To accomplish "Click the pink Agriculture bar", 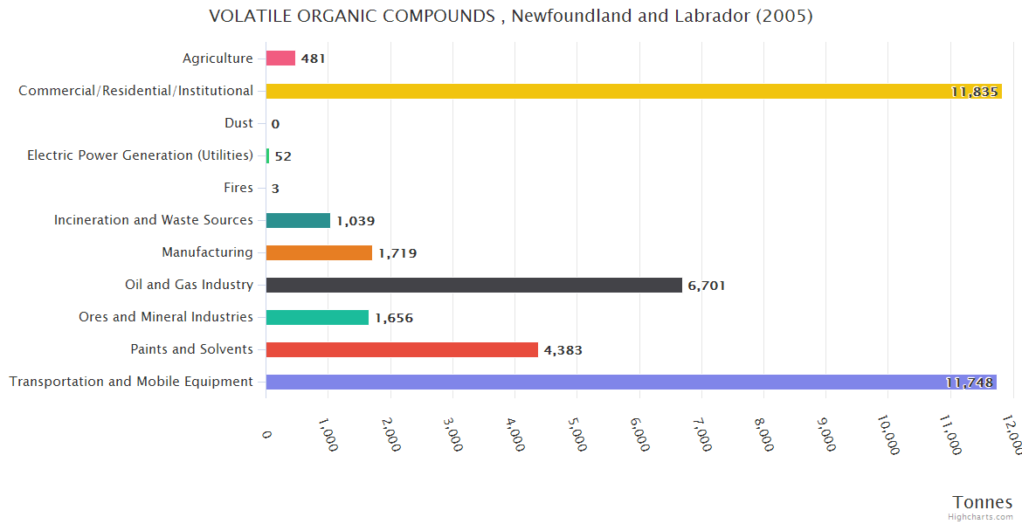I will pyautogui.click(x=280, y=59).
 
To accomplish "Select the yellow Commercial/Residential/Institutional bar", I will pyautogui.click(x=611, y=91).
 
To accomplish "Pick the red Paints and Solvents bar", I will pyautogui.click(x=402, y=349).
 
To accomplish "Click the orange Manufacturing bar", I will pyautogui.click(x=319, y=252).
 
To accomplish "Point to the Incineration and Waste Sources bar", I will pyautogui.click(x=298, y=220).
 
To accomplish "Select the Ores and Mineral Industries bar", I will pyautogui.click(x=317, y=317).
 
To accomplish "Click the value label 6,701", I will pyautogui.click(x=707, y=286).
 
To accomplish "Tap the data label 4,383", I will pyautogui.click(x=563, y=350).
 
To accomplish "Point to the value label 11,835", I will pyautogui.click(x=974, y=92).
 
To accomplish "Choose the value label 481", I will pyautogui.click(x=313, y=59).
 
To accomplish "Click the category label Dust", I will pyautogui.click(x=238, y=123).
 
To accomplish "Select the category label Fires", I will pyautogui.click(x=238, y=188).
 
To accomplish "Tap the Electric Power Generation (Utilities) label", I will pyautogui.click(x=140, y=155).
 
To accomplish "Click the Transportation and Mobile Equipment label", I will pyautogui.click(x=131, y=382).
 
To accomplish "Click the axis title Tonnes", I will pyautogui.click(x=982, y=502).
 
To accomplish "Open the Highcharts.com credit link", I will pyautogui.click(x=981, y=517).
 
